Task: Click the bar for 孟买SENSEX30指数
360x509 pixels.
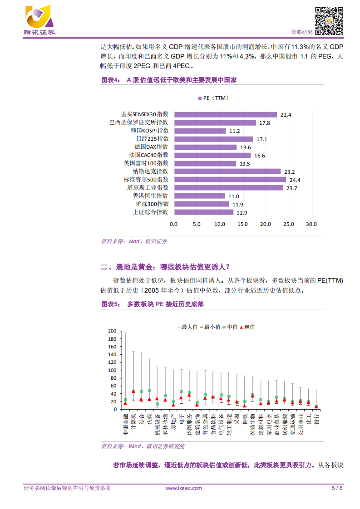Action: point(225,114)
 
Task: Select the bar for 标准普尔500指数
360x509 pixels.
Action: point(230,180)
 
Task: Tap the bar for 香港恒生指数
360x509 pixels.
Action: point(199,196)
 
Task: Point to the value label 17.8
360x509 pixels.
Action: point(264,123)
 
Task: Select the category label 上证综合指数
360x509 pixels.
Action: point(150,212)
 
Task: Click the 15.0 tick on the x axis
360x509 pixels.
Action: point(242,224)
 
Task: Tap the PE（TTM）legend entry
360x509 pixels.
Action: point(213,98)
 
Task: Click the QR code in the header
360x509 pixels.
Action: point(329,20)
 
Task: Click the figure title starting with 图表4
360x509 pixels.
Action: point(169,80)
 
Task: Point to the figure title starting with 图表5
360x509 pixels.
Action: point(152,304)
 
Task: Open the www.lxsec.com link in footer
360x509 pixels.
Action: point(183,488)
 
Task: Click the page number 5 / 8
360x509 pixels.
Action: point(337,488)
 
